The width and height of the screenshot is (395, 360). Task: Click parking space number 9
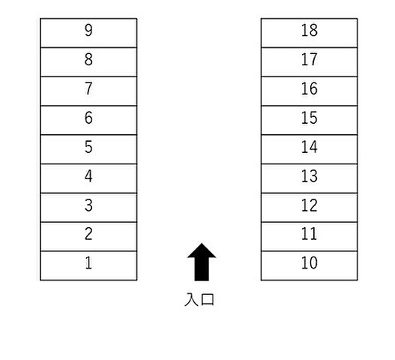pos(88,33)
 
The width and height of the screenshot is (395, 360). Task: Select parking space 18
pos(309,33)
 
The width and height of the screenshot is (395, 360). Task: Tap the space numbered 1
pos(88,265)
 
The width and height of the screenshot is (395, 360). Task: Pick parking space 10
pos(309,265)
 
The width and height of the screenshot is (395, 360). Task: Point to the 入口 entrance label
pos(199,299)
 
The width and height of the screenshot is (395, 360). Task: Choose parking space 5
pos(88,149)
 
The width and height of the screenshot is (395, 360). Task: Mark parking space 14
pos(309,149)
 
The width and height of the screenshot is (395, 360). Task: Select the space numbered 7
pos(88,91)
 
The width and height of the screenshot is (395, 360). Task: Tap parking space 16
pos(309,91)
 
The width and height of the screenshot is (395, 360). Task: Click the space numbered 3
pos(88,208)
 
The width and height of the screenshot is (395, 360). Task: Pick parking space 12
pos(309,208)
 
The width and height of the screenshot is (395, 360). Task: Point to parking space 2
pos(88,237)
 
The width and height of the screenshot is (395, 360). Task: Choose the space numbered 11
pos(309,237)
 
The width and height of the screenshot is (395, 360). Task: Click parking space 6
pos(88,120)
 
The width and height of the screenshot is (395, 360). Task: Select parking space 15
pos(309,120)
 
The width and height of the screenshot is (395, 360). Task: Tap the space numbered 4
pos(88,178)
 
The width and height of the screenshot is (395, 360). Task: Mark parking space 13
pos(309,178)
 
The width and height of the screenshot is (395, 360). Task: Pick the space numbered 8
pos(88,62)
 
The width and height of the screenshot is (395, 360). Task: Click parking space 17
pos(309,62)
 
